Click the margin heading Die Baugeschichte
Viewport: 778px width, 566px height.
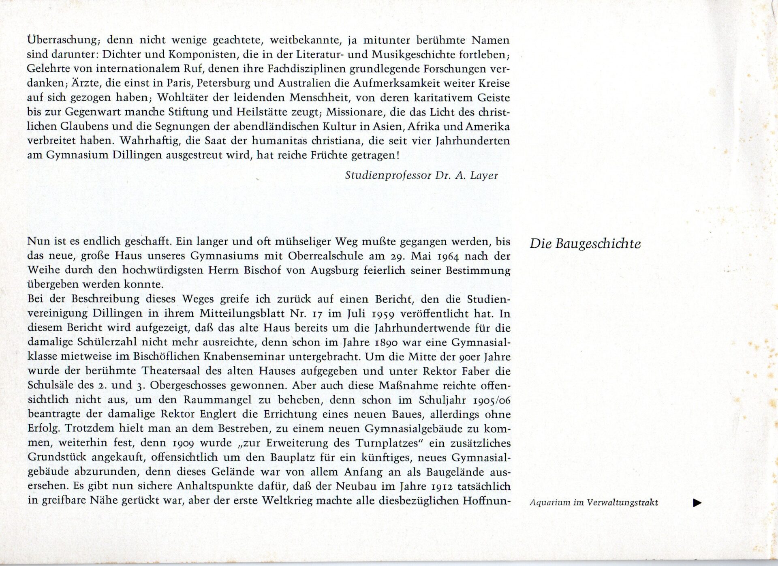(x=585, y=244)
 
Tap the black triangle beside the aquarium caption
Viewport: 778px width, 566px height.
(x=697, y=503)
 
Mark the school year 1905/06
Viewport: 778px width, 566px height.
(x=492, y=400)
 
